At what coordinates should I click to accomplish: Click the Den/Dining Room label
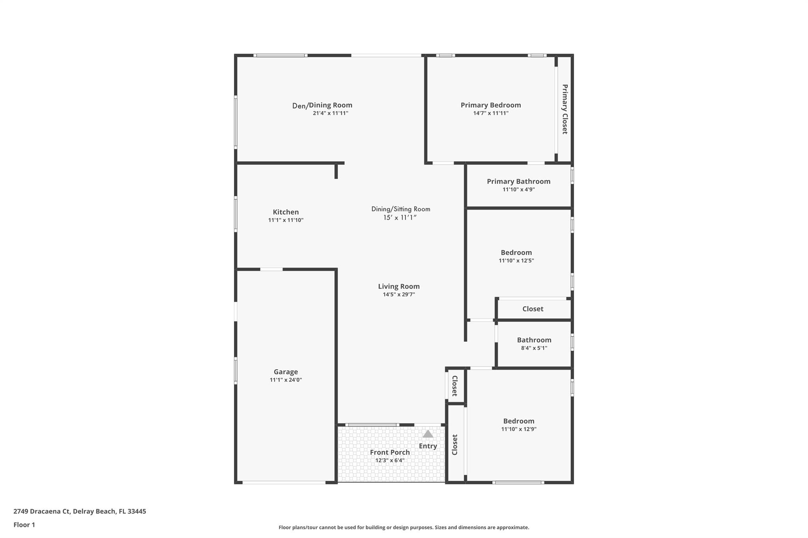tap(322, 105)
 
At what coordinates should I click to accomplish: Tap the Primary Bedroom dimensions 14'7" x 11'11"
tap(490, 114)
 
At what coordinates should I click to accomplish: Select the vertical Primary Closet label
tap(565, 109)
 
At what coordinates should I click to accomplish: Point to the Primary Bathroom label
tap(518, 181)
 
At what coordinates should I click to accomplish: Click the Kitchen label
tap(286, 212)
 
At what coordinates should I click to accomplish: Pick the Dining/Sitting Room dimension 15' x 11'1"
tap(400, 218)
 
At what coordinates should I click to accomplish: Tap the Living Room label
tap(398, 287)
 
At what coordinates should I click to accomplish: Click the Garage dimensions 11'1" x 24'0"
tap(286, 380)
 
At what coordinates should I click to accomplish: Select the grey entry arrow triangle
tap(428, 434)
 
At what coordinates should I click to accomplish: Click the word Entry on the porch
tap(428, 446)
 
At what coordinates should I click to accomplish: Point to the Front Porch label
tap(389, 452)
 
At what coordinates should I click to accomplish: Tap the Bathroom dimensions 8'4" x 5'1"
tap(534, 348)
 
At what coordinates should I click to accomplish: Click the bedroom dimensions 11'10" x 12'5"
tap(516, 261)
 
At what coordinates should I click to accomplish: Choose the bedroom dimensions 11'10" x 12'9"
tap(518, 429)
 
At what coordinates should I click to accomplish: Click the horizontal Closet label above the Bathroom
tap(533, 309)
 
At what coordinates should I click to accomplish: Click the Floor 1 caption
tap(24, 525)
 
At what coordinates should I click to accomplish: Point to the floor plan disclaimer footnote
tap(404, 527)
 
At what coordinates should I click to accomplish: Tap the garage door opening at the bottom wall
tap(284, 482)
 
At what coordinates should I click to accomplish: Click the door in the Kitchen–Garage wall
tap(271, 270)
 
